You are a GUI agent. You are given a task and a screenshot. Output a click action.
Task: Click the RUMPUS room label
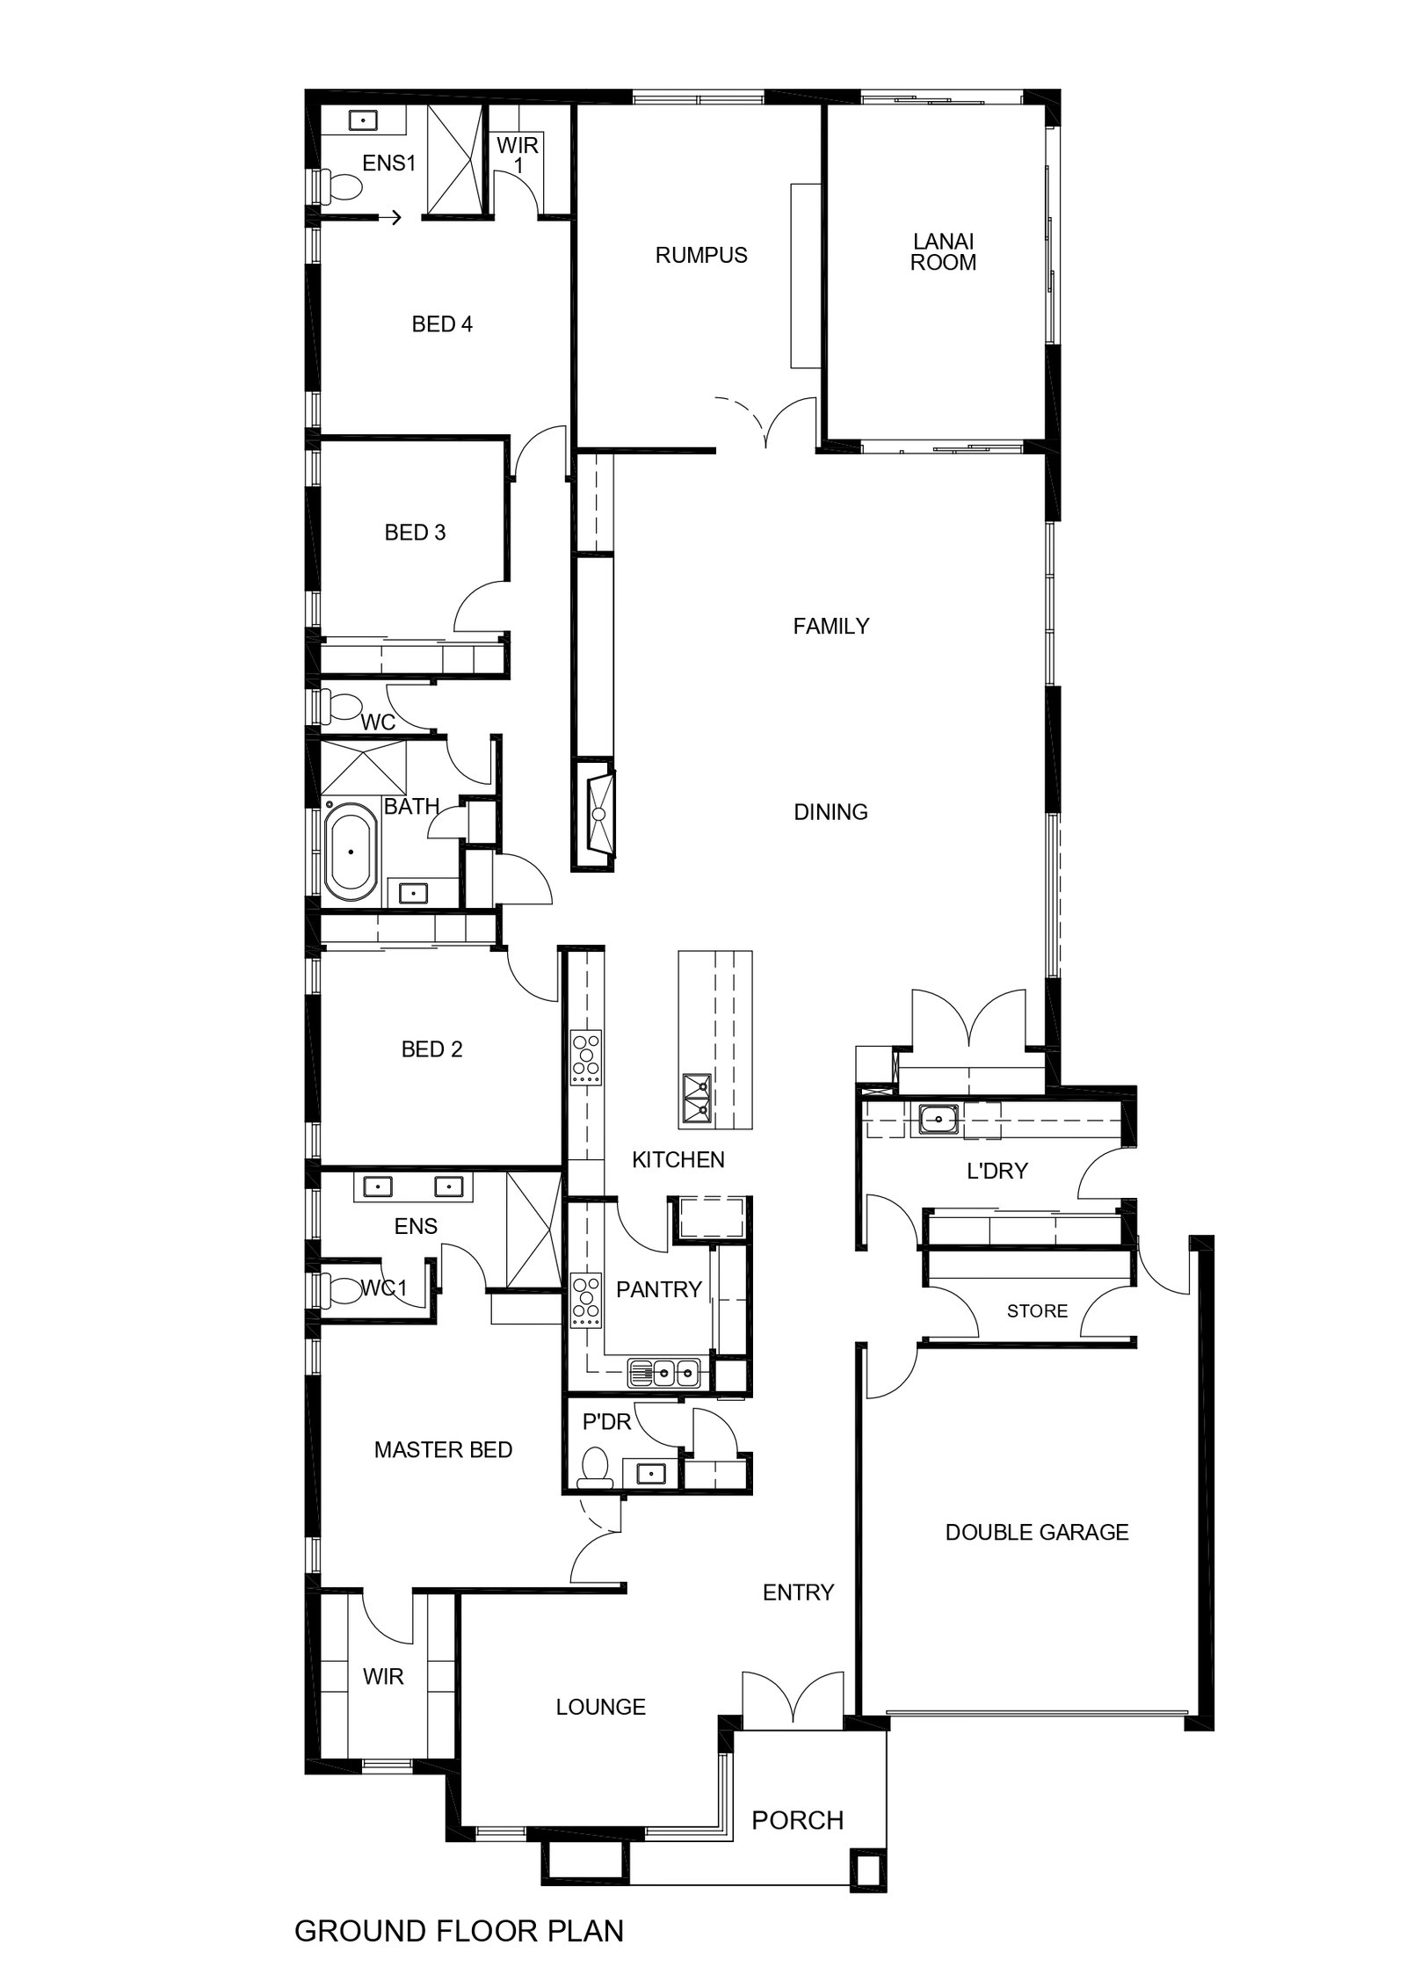(x=701, y=255)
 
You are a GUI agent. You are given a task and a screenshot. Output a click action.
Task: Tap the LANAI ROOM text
(x=943, y=251)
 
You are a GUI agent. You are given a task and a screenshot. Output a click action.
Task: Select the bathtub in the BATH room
(x=350, y=851)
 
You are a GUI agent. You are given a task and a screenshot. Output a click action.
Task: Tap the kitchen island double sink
(x=697, y=1099)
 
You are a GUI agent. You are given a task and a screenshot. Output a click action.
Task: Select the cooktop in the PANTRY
(x=584, y=1302)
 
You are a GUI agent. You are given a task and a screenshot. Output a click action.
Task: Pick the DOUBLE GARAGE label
(x=1037, y=1532)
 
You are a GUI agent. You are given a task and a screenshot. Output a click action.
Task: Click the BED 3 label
(x=415, y=532)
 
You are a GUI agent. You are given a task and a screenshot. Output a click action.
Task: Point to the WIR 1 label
(x=518, y=155)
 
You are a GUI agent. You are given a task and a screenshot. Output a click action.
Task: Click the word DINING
(x=830, y=811)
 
